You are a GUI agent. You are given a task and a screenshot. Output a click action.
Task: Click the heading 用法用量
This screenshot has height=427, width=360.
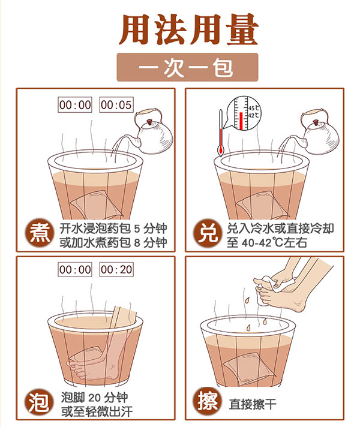(188, 29)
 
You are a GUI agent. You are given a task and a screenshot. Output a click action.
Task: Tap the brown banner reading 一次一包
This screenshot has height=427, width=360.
(187, 67)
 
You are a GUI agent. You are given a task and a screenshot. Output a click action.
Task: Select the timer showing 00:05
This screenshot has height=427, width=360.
(116, 104)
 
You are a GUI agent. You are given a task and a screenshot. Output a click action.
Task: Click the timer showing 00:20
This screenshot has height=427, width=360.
(116, 270)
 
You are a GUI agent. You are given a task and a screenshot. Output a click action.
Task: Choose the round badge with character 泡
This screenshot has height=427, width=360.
(38, 402)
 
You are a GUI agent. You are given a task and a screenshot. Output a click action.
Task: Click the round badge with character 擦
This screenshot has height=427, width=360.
(208, 401)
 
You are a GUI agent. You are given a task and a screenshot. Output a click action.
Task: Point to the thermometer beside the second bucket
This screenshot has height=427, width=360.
(221, 133)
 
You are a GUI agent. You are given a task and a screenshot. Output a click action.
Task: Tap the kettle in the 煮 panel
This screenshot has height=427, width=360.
(154, 131)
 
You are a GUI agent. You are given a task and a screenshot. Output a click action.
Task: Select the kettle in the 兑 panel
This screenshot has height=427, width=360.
(320, 131)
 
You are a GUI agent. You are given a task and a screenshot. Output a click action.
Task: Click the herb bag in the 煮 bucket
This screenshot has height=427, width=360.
(94, 205)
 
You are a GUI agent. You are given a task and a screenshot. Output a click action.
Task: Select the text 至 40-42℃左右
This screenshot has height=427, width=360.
(267, 243)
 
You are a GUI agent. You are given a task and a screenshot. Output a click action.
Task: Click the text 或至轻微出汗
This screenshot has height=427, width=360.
(97, 412)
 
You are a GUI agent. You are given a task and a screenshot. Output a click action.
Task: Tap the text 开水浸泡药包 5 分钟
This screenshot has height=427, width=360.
(113, 228)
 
